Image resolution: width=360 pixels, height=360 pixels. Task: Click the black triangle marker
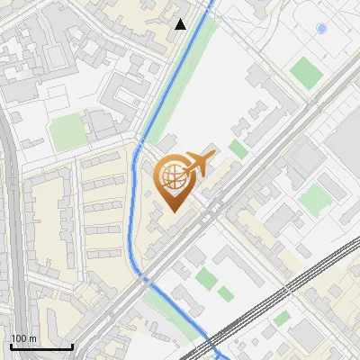[x=181, y=24]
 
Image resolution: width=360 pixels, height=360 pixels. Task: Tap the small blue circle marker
[x=321, y=30]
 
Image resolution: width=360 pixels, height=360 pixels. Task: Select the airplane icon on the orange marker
[x=199, y=165]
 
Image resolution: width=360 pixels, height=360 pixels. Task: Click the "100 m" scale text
[x=23, y=338]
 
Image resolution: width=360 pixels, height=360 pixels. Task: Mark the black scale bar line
[x=41, y=346]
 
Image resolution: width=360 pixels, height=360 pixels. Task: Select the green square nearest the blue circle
[x=306, y=70]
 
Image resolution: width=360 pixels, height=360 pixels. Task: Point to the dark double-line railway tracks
[x=279, y=297]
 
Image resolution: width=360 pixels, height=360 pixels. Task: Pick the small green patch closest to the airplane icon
[x=238, y=149]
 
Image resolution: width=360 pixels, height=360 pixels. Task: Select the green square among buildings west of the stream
[x=67, y=133]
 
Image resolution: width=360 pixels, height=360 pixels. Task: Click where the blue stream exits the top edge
[x=212, y=3]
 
